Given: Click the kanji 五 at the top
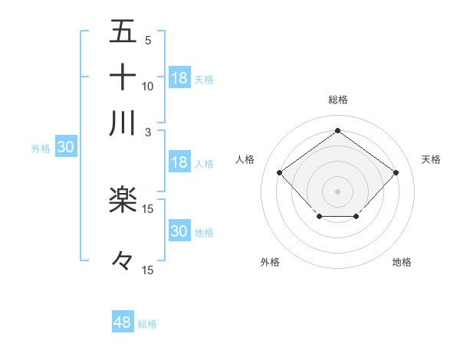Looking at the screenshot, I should coord(123,31).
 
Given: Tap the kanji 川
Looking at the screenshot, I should coord(123,123).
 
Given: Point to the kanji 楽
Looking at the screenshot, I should coord(123,199).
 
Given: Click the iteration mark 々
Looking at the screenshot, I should coord(123,260).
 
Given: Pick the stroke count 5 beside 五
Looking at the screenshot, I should coord(148,40).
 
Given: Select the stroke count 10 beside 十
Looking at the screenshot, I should coord(148,86).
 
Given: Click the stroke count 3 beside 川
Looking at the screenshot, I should coord(149,131).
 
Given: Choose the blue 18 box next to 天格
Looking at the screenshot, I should coord(179,77).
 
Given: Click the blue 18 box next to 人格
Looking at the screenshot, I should coord(179,162).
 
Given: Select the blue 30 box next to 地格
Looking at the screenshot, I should coord(179,231).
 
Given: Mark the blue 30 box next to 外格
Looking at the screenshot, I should coord(65,148).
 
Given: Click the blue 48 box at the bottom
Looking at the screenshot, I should coord(122,322).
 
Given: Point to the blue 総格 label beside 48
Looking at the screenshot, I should coord(147,324).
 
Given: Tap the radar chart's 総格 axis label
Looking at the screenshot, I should coord(337,100).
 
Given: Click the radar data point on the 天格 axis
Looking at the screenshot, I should coord(396,172).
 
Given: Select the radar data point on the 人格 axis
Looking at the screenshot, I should coord(280,172).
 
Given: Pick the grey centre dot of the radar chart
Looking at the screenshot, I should coord(337,190).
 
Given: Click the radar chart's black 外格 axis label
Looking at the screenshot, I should coord(270,262).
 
